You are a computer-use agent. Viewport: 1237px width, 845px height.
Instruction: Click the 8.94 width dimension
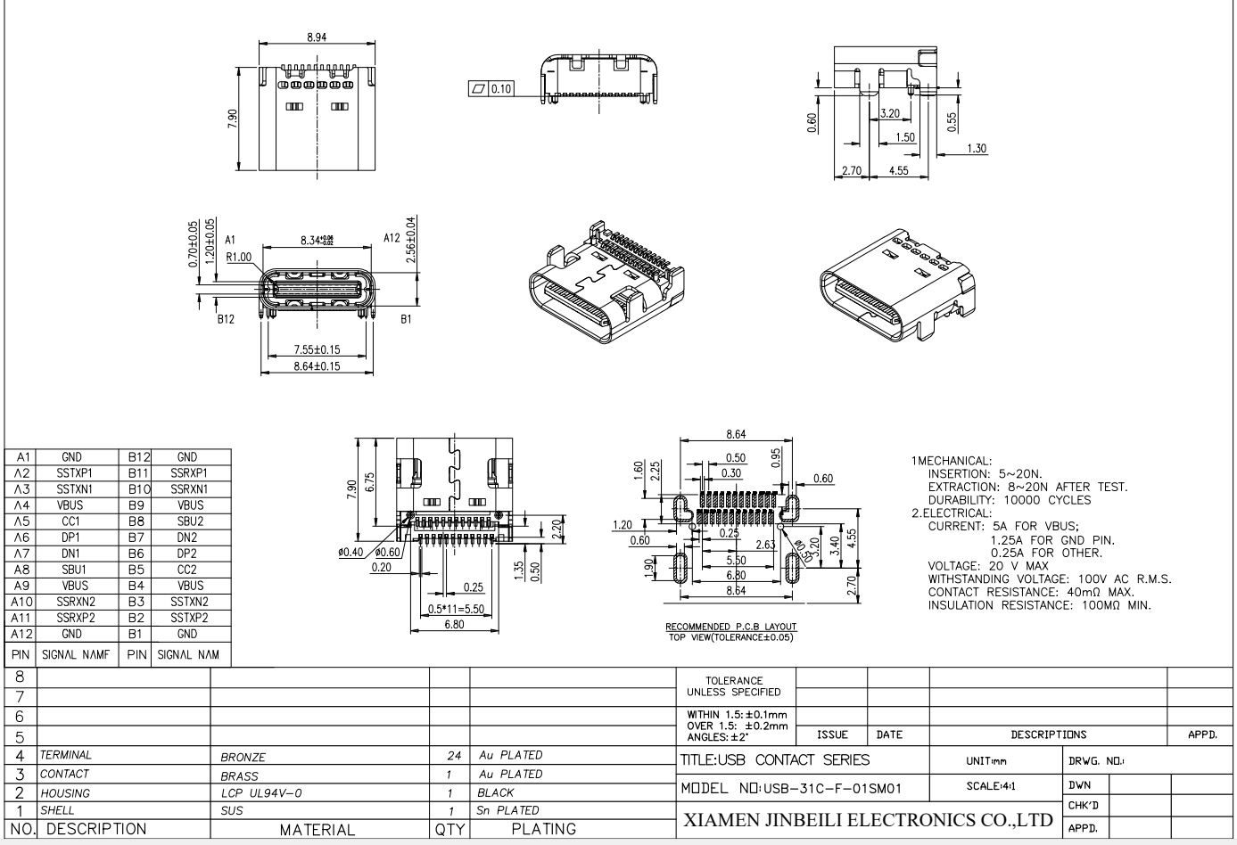tap(316, 37)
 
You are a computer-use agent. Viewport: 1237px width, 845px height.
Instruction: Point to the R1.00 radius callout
tap(239, 257)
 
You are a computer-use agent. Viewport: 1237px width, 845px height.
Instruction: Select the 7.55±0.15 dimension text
tap(317, 349)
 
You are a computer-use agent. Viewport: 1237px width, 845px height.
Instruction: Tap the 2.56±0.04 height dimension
tap(410, 240)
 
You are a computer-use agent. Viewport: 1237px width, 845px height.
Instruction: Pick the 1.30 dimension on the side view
tap(977, 149)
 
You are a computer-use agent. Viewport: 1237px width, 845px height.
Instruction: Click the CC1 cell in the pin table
tap(71, 521)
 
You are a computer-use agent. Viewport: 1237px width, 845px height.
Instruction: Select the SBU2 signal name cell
tap(189, 521)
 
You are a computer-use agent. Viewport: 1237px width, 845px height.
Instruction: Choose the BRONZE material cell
tap(243, 757)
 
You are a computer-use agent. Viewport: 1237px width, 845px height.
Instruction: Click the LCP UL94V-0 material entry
tap(261, 792)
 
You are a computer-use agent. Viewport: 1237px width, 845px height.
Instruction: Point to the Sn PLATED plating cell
tap(508, 810)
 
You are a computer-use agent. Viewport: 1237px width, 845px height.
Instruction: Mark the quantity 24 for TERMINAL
tap(453, 756)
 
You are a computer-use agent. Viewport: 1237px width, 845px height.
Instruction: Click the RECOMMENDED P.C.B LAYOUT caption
tap(730, 627)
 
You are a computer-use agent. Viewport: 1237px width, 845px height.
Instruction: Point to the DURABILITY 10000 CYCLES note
tap(1009, 500)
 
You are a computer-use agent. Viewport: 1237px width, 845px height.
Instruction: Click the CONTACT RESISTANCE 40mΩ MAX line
tap(1030, 593)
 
